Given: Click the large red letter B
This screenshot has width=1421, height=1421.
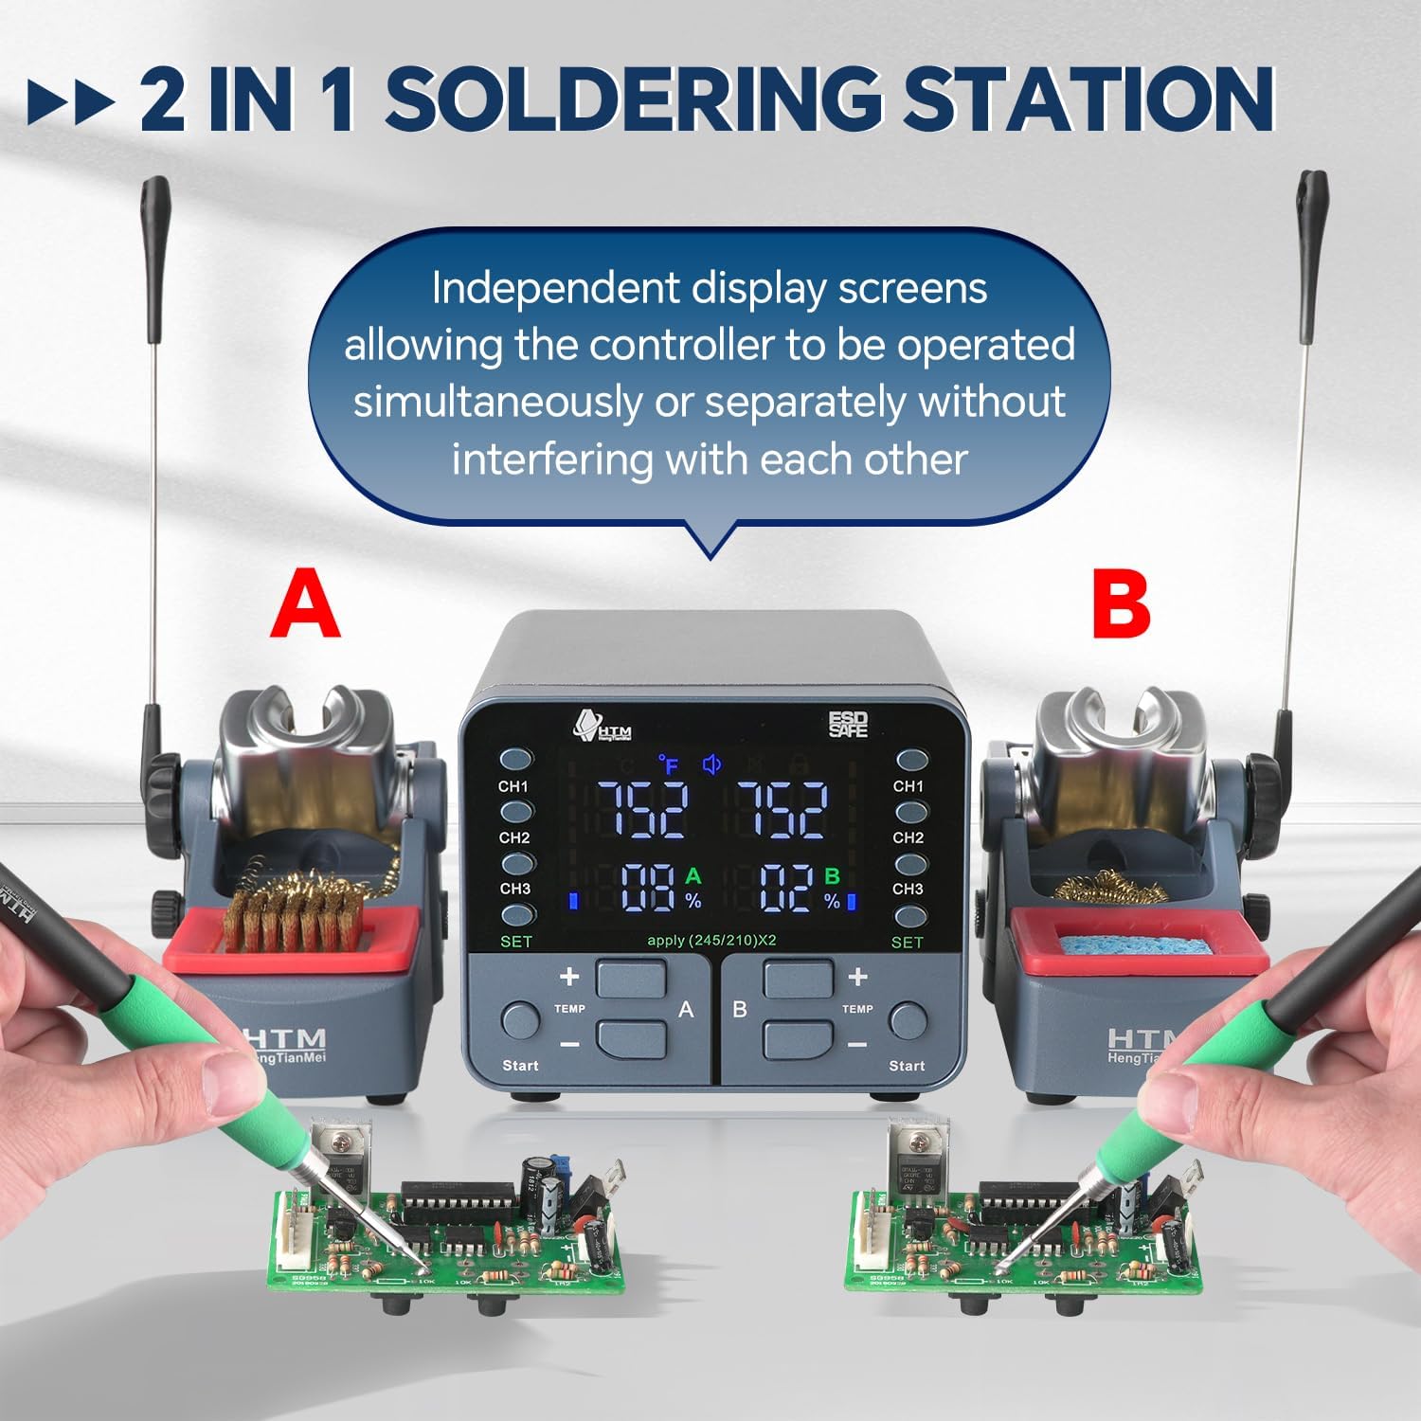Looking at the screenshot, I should [1121, 603].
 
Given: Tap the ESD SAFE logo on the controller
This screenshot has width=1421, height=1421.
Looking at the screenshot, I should [848, 725].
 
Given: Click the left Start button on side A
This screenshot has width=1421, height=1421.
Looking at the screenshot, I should [519, 1020].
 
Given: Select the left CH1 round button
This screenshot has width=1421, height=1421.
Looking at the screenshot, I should [515, 760].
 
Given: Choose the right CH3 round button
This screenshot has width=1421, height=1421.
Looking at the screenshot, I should [910, 865].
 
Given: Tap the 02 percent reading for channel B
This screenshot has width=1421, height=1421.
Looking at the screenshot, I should [786, 888].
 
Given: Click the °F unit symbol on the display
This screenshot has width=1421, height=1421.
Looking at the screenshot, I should [669, 764].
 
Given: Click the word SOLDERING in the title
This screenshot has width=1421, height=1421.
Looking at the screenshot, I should [633, 99].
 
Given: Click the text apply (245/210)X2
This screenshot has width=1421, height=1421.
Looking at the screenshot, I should [711, 940].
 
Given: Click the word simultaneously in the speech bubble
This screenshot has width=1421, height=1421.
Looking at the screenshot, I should [496, 402].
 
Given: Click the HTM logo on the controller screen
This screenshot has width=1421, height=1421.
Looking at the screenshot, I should [603, 727].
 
